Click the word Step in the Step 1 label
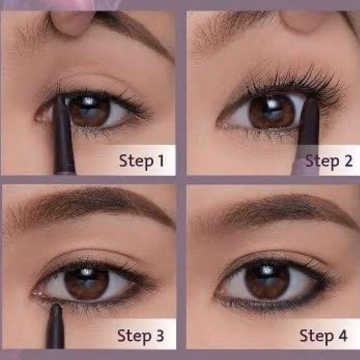pyautogui.click(x=136, y=162)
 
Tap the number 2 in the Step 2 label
pyautogui.click(x=348, y=161)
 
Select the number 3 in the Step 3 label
pyautogui.click(x=160, y=336)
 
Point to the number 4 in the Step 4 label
pyautogui.click(x=342, y=335)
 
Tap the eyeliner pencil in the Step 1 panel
pyautogui.click(x=63, y=135)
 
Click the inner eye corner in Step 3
pyautogui.click(x=35, y=293)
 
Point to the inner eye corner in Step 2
pyautogui.click(x=221, y=123)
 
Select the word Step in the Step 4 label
pyautogui.click(x=317, y=336)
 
